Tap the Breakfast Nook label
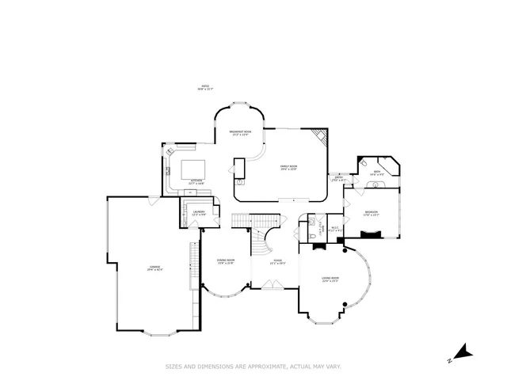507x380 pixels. (241, 133)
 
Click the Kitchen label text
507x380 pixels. (196, 181)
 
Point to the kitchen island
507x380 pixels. (194, 169)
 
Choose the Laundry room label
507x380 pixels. (199, 212)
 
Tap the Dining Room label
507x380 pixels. (225, 261)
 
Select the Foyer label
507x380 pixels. (277, 261)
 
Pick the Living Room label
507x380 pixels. (330, 279)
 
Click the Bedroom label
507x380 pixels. (372, 213)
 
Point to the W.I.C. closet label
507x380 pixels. (335, 230)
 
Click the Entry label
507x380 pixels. (339, 179)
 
